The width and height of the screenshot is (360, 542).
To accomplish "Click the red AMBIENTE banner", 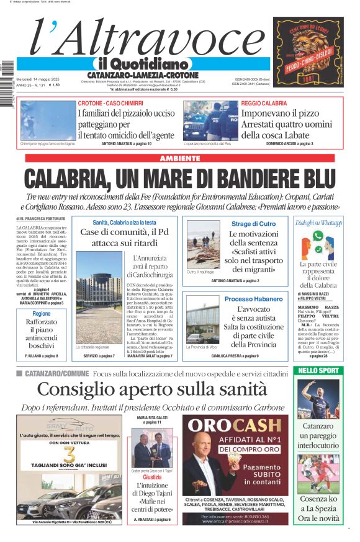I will pos(179,159).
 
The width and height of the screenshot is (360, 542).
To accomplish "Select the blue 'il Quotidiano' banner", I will pos(143,64).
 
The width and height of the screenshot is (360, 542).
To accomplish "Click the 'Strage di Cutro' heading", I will pos(253,223).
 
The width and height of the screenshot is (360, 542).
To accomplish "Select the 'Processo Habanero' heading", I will pos(253,299).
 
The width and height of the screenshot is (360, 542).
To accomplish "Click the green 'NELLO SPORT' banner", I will pos(318,371).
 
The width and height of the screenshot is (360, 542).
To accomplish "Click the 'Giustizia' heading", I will pos(152,478).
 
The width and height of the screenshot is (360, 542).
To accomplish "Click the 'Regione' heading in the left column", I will pos(42,314).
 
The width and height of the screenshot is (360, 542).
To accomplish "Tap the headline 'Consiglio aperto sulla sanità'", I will pos(152,389).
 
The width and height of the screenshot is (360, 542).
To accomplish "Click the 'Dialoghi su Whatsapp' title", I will pos(318,223).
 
